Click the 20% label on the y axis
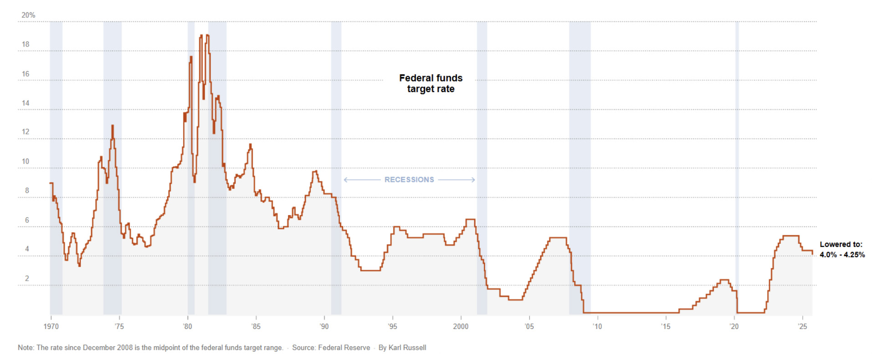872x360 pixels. click(x=28, y=15)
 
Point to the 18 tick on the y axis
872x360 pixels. click(x=26, y=44)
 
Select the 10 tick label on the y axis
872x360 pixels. click(x=26, y=161)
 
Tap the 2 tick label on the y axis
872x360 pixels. click(x=27, y=278)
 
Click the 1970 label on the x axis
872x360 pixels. click(x=51, y=326)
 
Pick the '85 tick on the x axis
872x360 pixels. click(x=256, y=326)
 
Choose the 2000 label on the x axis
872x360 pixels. click(x=461, y=326)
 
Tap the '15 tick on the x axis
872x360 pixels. click(x=666, y=326)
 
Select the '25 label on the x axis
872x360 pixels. click(x=802, y=326)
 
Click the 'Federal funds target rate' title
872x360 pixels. click(x=431, y=83)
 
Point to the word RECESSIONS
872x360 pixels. click(x=409, y=180)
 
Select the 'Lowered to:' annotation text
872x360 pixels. click(x=841, y=244)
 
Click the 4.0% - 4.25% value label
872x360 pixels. click(x=842, y=255)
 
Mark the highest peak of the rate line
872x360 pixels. click(x=201, y=35)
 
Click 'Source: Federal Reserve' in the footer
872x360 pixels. click(x=331, y=348)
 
